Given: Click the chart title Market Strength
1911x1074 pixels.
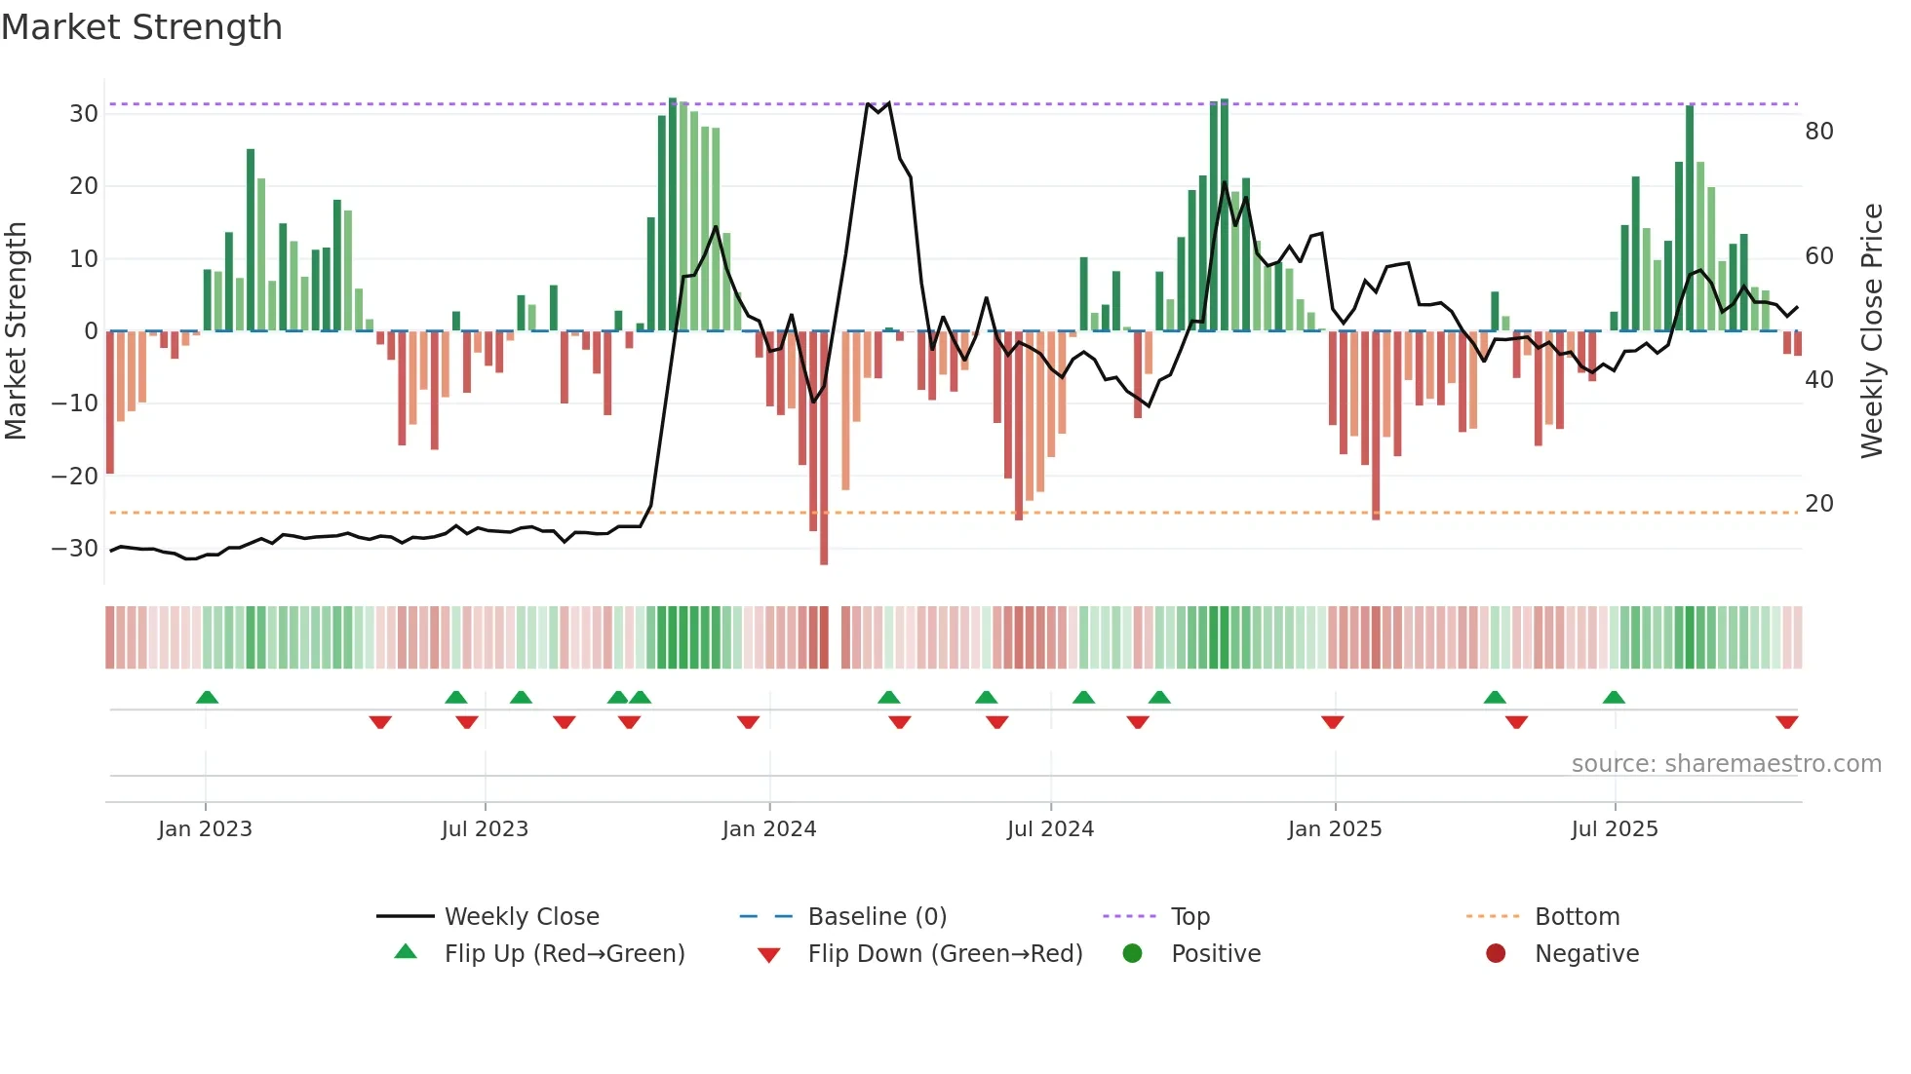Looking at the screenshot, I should pos(142,27).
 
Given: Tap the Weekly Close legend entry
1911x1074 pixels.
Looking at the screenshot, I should pos(522,916).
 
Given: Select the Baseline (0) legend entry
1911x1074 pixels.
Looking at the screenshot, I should pos(877,916).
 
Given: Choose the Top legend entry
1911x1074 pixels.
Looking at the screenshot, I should pos(1189,916).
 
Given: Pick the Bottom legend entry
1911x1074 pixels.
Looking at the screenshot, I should pos(1577,916).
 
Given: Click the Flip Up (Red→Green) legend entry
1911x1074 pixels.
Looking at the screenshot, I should pos(564,953).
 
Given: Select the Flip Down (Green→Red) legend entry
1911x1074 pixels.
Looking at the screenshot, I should pos(944,953).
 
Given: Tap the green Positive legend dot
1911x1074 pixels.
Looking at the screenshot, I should pos(1132,953).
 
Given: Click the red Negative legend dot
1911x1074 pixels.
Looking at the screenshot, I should pos(1496,953).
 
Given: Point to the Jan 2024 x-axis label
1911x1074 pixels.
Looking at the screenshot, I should pos(769,828).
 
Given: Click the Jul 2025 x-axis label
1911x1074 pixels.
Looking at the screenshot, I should pos(1615,828).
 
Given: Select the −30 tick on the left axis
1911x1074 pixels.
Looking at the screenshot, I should pos(75,549).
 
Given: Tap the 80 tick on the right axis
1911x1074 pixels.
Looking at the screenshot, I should pos(1819,132).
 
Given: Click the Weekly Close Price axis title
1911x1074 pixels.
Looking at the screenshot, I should pos(1872,331).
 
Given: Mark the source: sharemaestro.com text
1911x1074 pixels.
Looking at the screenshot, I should pos(1726,763).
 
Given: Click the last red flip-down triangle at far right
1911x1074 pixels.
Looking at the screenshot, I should pos(1787,722).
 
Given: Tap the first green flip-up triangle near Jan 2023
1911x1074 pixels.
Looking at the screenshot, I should pos(207,697).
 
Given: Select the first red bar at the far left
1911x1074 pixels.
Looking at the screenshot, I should pos(110,402).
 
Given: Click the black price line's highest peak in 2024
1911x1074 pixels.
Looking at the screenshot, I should pos(868,103).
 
